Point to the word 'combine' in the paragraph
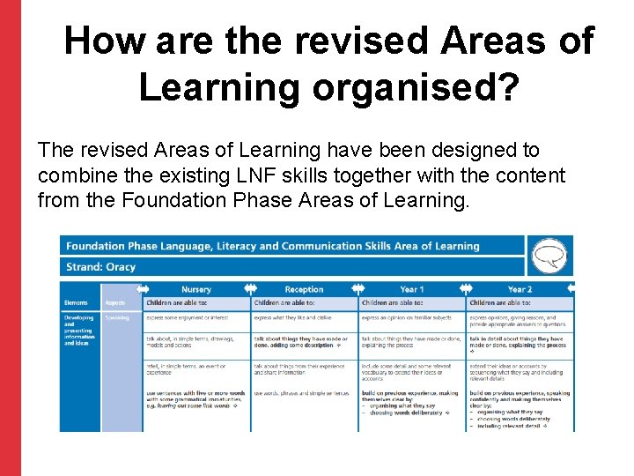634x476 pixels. (74, 175)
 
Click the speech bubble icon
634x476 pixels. (549, 255)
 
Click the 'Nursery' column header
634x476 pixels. (196, 289)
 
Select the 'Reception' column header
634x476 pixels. (304, 289)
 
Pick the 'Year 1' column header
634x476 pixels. (411, 289)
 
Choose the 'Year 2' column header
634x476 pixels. (520, 289)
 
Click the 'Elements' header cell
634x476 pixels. (76, 303)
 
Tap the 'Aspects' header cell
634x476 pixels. (117, 303)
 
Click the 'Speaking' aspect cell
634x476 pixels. (117, 317)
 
